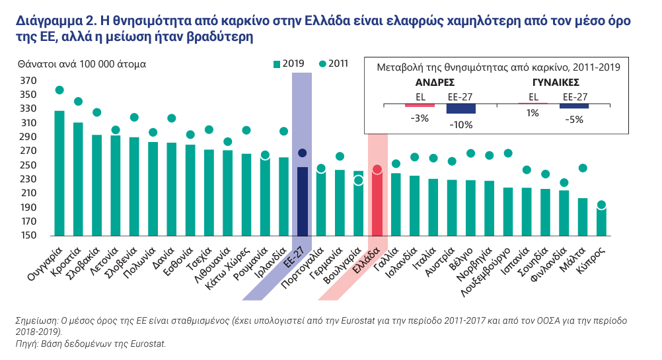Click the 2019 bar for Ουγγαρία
[x=59, y=173]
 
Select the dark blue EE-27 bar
[x=303, y=201]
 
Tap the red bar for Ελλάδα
[x=377, y=201]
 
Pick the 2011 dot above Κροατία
[x=78, y=102]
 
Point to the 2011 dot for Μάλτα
[x=583, y=168]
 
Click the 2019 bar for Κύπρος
[x=601, y=221]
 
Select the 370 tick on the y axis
[x=28, y=81]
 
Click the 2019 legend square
[x=277, y=64]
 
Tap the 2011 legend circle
[x=322, y=64]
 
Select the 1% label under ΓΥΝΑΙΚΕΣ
[x=533, y=114]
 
